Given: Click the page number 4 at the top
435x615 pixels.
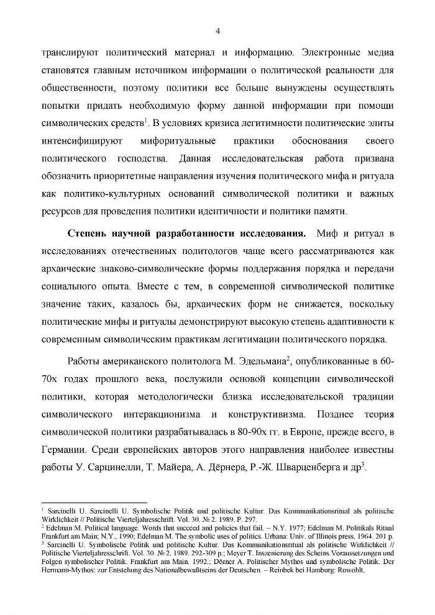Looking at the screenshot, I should pos(217,31).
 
